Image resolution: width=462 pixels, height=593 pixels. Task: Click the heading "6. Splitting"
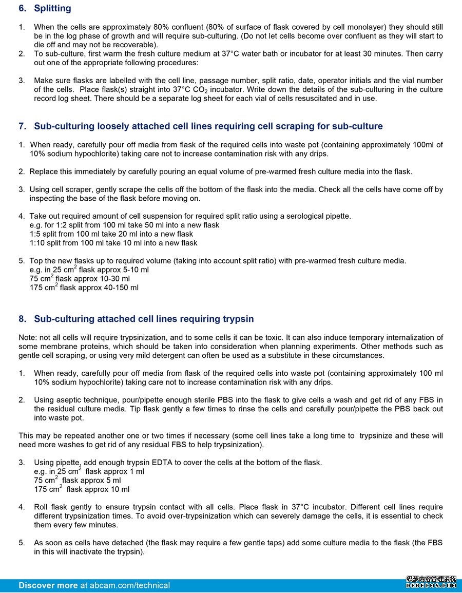(45, 8)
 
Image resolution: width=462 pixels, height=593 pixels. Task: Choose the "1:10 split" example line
(113, 243)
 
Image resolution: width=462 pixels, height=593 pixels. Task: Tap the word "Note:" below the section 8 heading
(28, 337)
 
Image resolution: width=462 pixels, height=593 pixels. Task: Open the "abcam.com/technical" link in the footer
(129, 585)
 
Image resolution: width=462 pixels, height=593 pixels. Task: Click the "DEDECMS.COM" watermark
(431, 585)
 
